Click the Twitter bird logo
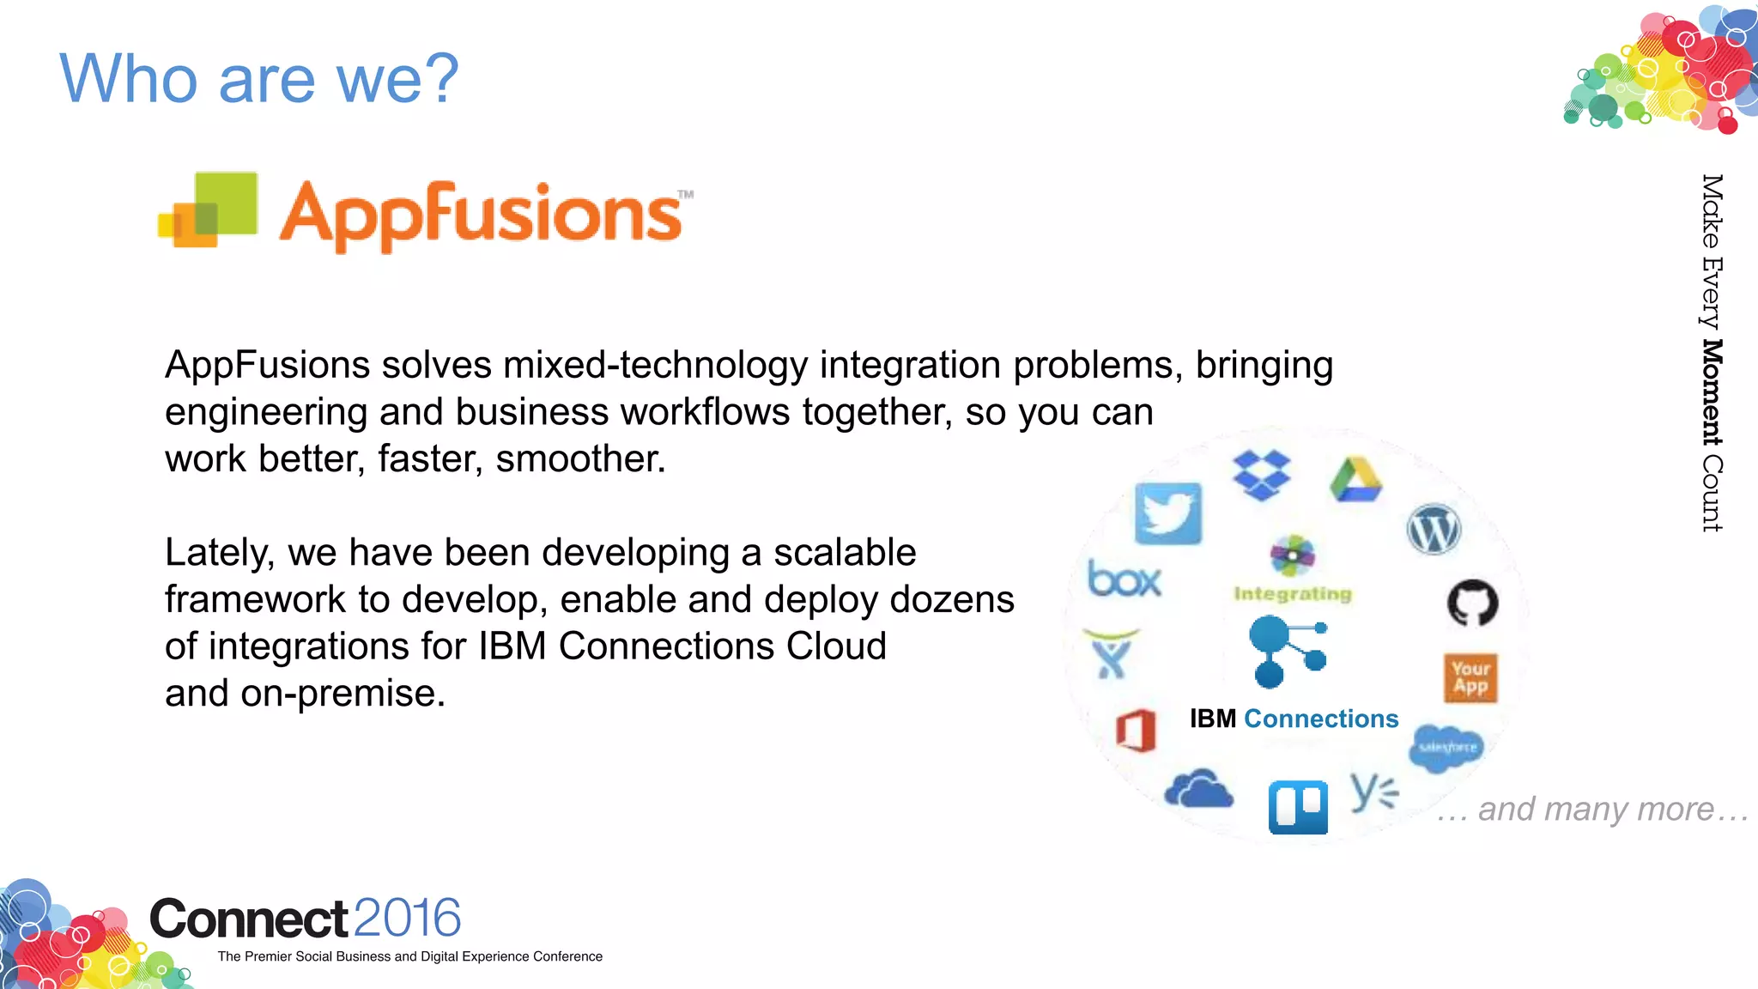coord(1167,513)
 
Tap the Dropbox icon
coord(1261,475)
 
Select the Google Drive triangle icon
coord(1355,481)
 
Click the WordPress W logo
coord(1434,529)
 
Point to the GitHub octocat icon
coord(1472,603)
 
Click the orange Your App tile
coord(1470,678)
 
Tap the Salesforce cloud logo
coord(1446,747)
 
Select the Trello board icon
coord(1298,807)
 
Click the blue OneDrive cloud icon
coord(1198,789)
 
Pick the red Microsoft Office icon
coord(1136,731)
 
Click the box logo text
coord(1124,579)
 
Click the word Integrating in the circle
coord(1292,594)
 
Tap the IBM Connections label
coord(1294,719)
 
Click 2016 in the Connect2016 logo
coord(407,918)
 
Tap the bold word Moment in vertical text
coord(1712,392)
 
